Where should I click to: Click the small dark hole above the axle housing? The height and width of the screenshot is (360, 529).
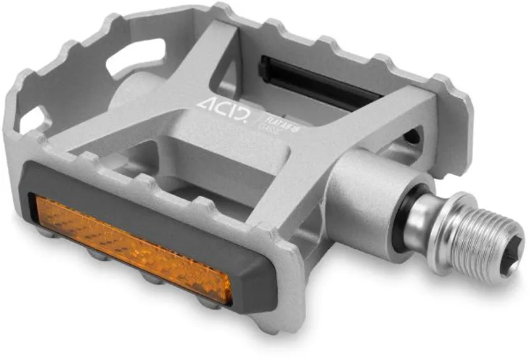[411, 136]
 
